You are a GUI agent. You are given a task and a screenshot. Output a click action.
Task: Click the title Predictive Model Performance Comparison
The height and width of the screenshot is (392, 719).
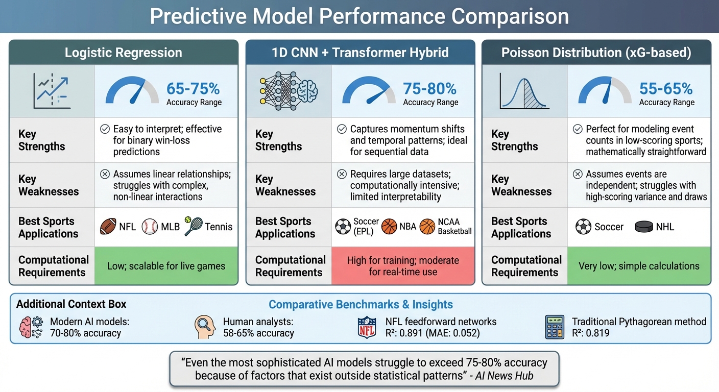click(x=359, y=16)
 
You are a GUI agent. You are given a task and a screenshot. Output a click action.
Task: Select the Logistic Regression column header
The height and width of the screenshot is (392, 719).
click(x=123, y=53)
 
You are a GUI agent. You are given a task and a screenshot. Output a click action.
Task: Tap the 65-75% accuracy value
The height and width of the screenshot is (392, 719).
click(x=193, y=89)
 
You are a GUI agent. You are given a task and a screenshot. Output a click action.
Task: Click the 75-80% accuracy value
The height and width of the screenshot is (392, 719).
click(x=430, y=89)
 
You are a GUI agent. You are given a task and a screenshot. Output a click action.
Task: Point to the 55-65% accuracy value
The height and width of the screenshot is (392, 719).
click(x=666, y=89)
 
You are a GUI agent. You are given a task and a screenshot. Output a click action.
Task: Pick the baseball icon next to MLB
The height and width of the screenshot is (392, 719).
click(x=150, y=227)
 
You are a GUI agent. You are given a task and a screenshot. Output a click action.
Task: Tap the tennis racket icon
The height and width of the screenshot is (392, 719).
click(x=193, y=226)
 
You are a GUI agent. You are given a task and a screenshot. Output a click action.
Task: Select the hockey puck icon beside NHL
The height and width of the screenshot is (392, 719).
click(x=644, y=227)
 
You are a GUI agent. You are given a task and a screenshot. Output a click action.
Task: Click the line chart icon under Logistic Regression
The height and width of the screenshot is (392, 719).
click(x=52, y=91)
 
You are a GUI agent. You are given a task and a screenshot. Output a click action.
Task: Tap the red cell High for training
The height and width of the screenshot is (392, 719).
click(x=402, y=266)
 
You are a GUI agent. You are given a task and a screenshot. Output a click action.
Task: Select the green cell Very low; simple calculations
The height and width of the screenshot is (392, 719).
click(x=638, y=266)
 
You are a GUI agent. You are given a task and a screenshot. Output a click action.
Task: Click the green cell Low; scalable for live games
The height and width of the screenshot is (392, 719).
click(x=166, y=266)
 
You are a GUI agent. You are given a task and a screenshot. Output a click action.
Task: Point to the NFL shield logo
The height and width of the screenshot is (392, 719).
click(x=367, y=327)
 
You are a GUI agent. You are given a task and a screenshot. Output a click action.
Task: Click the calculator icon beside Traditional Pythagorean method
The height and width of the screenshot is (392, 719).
click(x=555, y=327)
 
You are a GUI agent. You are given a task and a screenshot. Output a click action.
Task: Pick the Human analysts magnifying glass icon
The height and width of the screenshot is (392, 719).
click(x=205, y=327)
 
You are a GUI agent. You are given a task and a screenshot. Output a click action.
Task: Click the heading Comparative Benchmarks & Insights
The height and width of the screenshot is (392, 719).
click(x=361, y=305)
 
